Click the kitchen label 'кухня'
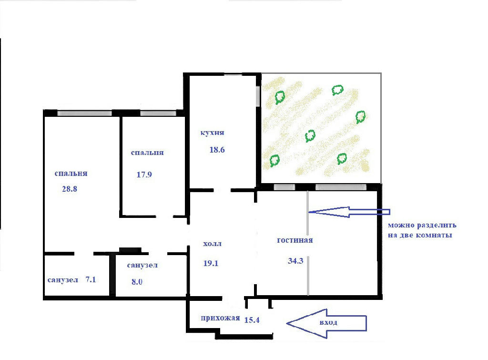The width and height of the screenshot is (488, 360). point(212,133)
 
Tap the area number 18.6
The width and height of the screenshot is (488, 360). point(217,150)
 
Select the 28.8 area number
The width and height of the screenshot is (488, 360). point(70,189)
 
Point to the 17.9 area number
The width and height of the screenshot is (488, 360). point(144,175)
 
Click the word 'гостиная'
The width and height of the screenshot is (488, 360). point(295,240)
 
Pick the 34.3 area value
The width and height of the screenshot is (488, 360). point(295,261)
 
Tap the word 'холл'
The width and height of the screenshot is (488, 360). point(212,244)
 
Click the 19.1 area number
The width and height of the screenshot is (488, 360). point(211,263)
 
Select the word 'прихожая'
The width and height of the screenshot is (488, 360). point(220,318)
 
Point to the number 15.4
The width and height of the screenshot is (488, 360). point(252,320)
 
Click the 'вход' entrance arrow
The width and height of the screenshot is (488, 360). point(326,324)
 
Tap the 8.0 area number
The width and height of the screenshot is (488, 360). point(137,282)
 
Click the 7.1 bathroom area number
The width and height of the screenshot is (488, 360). point(91,279)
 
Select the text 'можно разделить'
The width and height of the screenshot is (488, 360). point(422,225)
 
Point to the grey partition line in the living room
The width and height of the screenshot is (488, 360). point(308,243)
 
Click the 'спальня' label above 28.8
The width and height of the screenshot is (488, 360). point(71,174)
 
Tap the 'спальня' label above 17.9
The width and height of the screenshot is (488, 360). point(147,153)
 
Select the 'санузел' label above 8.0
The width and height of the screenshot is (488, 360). point(142,265)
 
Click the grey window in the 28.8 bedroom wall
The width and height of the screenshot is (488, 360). point(85,113)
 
